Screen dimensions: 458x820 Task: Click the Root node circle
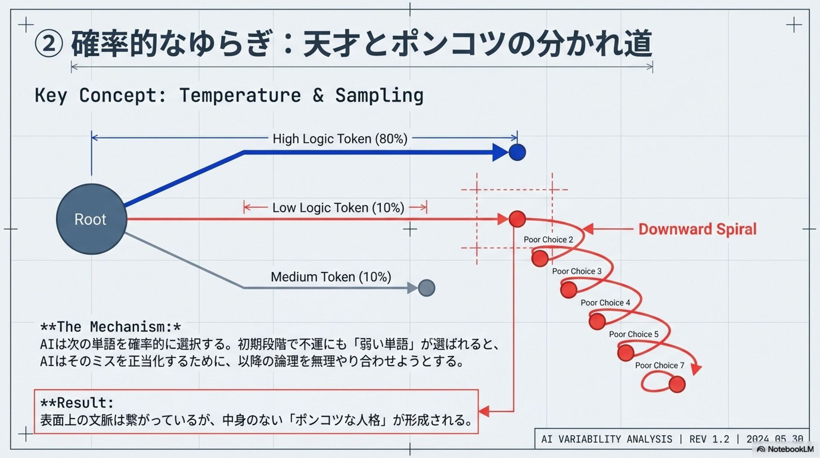point(91,219)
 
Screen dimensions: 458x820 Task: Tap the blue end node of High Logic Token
point(517,152)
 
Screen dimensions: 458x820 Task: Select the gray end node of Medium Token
point(426,288)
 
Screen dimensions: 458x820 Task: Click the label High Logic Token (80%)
point(340,139)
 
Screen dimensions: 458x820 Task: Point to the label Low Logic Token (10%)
point(338,208)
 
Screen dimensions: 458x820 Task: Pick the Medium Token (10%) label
point(331,277)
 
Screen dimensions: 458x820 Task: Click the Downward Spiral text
point(697,229)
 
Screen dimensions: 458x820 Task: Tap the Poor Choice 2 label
point(548,240)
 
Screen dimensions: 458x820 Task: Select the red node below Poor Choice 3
point(568,290)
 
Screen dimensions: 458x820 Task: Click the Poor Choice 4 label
point(605,302)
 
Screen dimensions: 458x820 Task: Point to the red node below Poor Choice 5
point(626,353)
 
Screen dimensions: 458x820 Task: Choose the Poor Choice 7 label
point(659,365)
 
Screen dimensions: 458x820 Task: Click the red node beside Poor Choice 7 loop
point(677,384)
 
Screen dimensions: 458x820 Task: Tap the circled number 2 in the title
point(49,44)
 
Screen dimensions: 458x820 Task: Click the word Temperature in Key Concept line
point(240,95)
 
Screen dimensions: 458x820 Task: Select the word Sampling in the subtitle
point(379,95)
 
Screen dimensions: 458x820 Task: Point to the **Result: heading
point(77,402)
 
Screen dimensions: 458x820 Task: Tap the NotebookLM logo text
point(790,449)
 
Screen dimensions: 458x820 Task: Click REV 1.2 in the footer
point(709,439)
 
